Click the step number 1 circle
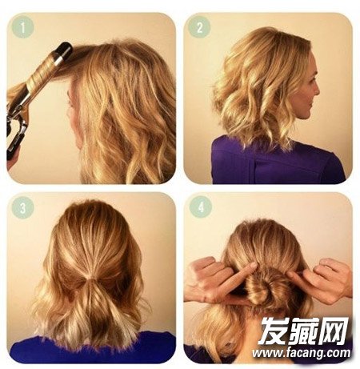click(22, 27)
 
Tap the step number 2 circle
click(199, 27)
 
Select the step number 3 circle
click(23, 207)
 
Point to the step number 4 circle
click(201, 207)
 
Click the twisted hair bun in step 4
click(259, 286)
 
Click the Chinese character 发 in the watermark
click(274, 331)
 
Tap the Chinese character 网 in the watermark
click(334, 331)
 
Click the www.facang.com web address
click(302, 353)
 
